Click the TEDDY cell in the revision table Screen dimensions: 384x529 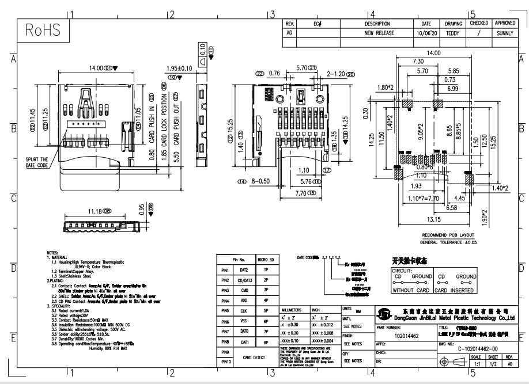(x=453, y=33)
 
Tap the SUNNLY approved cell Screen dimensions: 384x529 (x=505, y=33)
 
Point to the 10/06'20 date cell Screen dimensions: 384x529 (x=426, y=33)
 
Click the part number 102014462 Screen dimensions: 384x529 (x=406, y=333)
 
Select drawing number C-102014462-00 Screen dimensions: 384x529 (x=479, y=348)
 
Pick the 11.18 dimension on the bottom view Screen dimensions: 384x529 (x=100, y=211)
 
